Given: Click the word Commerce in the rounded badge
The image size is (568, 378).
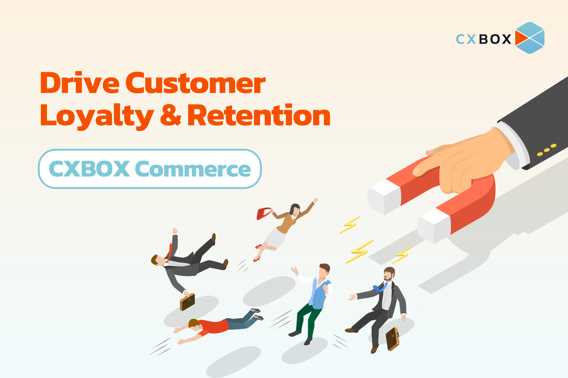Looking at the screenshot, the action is coord(193,169).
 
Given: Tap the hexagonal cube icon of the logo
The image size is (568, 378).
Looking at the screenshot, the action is coord(530,38).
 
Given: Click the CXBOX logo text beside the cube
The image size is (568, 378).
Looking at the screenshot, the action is coord(483,39).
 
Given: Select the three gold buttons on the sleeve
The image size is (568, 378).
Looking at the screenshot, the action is coord(547,150).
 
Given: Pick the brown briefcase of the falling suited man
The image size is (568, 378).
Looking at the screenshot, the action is coord(188,302).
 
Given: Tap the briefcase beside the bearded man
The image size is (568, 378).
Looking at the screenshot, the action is coord(392,339).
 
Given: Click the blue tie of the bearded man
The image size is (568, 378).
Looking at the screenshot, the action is coord(380,287).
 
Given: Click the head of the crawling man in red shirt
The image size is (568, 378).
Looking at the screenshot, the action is coord(194,324).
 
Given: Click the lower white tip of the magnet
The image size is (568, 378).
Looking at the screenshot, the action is coord(434,226).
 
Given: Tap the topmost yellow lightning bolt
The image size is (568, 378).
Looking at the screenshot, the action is coord(350,225).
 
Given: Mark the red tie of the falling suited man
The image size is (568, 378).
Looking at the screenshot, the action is coord(169,253).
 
